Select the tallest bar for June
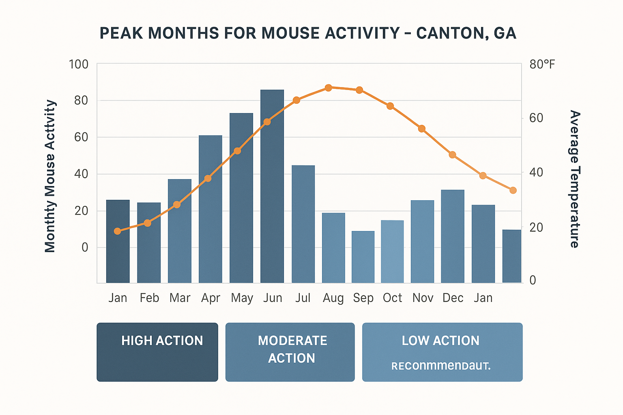point(272,186)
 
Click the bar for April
point(210,209)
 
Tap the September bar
point(363,257)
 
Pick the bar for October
point(392,252)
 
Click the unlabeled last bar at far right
point(511,256)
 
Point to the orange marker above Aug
point(329,88)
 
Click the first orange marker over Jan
point(118,231)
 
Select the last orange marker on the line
point(513,190)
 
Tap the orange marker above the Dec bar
point(453,155)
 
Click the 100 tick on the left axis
point(79,64)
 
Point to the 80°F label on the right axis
point(542,64)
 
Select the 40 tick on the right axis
point(536,173)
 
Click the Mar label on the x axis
point(180,298)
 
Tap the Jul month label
point(303,298)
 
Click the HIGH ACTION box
point(157,352)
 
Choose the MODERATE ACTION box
point(290,352)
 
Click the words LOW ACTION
point(440,341)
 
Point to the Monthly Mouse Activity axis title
point(50,176)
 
